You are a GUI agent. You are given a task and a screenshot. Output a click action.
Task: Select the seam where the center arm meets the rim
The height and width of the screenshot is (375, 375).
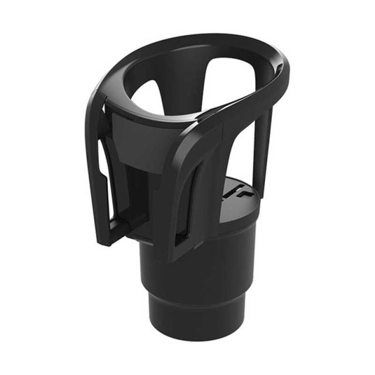tap(205, 120)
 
